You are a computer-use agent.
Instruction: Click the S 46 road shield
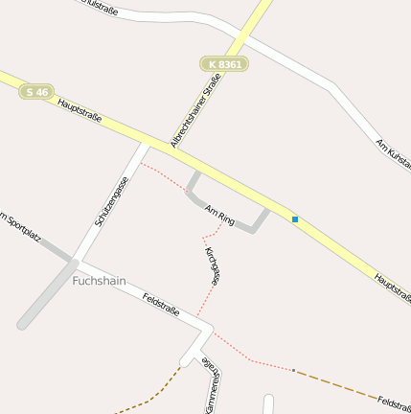point(37,92)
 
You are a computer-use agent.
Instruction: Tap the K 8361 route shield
point(224,64)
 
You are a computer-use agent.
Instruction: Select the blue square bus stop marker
point(295,219)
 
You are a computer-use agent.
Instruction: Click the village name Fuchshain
point(100,282)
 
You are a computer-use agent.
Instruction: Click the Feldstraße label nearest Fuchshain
point(160,305)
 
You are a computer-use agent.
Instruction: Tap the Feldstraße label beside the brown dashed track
point(394,403)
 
